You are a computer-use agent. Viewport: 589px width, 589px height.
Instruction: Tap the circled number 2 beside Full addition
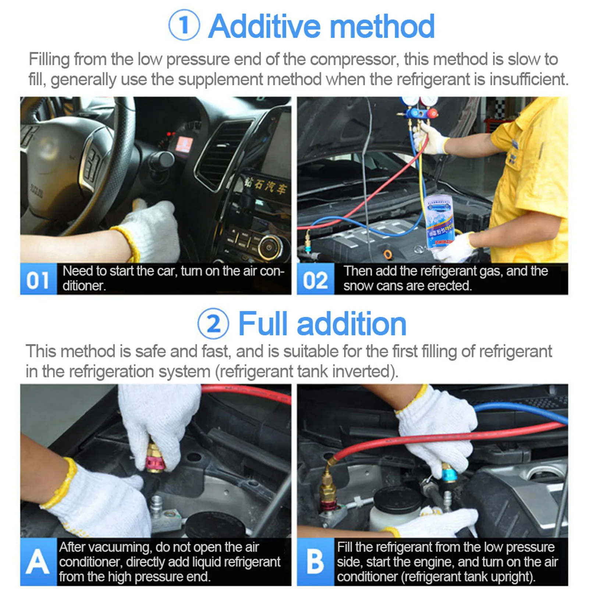213,324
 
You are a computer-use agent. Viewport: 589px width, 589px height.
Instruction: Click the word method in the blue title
382,26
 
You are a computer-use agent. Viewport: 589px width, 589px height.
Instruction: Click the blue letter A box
38,562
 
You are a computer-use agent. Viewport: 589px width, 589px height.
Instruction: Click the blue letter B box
315,562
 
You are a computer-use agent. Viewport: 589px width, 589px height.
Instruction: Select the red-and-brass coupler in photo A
155,458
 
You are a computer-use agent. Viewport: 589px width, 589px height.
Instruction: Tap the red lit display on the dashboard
184,143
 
